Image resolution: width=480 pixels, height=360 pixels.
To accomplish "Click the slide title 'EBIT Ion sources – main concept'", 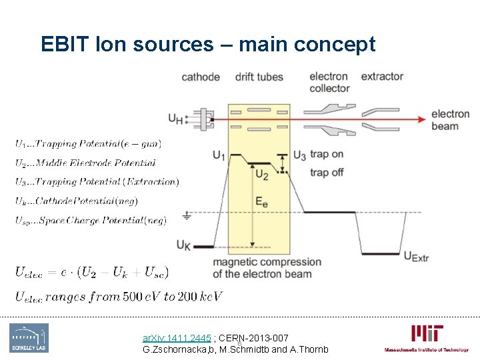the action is [x=208, y=45].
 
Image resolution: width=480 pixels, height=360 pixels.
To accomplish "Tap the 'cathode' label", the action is [x=200, y=77].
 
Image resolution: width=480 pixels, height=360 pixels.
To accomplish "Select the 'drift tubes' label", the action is [x=259, y=77].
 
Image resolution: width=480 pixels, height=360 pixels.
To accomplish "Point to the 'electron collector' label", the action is [x=329, y=82].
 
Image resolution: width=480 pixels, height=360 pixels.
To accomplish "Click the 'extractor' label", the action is [x=382, y=77].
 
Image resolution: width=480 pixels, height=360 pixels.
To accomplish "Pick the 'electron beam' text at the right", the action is [x=450, y=120].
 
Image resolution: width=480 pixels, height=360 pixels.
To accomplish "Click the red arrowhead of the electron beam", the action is [x=422, y=120].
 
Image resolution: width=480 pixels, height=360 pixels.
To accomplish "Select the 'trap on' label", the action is [x=327, y=155].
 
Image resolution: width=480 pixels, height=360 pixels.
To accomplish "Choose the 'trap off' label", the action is [x=327, y=173].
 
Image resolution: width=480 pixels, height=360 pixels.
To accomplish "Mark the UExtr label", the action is [x=416, y=256].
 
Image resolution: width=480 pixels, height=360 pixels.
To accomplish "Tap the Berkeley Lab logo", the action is [x=29, y=338].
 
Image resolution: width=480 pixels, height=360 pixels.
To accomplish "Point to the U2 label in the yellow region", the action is [x=261, y=175].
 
